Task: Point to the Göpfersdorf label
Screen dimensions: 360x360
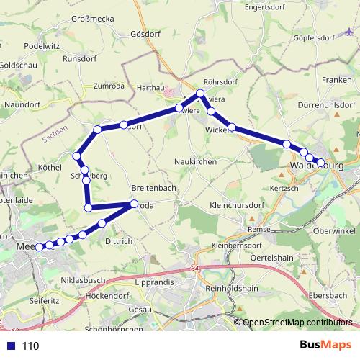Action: (x=315, y=37)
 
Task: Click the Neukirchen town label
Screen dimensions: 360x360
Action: (x=195, y=162)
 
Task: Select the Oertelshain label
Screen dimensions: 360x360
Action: (x=271, y=258)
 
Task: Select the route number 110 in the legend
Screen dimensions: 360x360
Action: (x=30, y=346)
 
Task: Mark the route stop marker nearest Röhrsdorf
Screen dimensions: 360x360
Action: (x=201, y=93)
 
